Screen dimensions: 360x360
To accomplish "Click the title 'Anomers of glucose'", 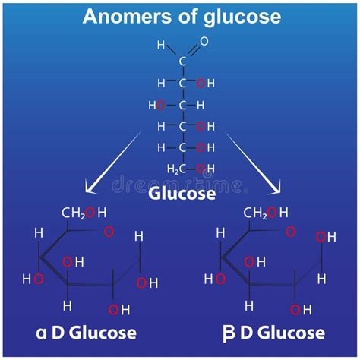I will pyautogui.click(x=181, y=17).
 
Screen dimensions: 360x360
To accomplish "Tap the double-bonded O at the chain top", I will pyautogui.click(x=203, y=42).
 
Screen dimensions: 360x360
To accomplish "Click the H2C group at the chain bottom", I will pyautogui.click(x=175, y=169).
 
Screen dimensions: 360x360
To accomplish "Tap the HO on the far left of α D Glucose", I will pyautogui.click(x=33, y=279).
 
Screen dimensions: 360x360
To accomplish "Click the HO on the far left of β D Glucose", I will pyautogui.click(x=215, y=279).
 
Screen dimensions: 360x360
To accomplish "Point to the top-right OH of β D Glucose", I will pyautogui.click(x=326, y=238).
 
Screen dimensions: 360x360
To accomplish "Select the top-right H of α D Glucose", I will pyautogui.click(x=139, y=237).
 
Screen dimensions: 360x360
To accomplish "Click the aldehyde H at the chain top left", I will pyautogui.click(x=161, y=45).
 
